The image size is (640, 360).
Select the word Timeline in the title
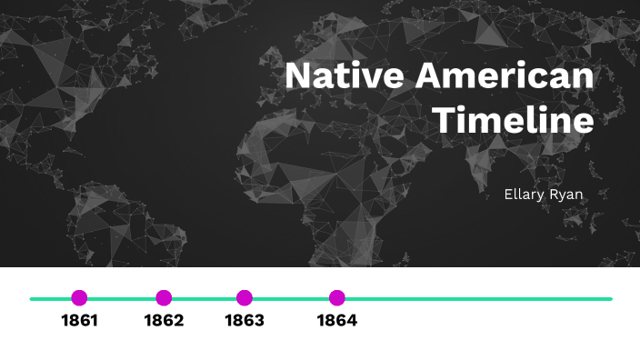(513, 120)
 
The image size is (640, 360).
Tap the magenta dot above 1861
(79, 298)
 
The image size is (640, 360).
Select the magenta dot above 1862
(164, 298)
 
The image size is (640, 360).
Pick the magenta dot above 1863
(244, 298)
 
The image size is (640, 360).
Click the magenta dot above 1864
(337, 298)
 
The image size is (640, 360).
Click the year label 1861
(79, 321)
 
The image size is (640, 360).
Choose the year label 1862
(164, 321)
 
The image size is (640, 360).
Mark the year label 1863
(244, 321)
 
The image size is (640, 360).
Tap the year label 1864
(337, 321)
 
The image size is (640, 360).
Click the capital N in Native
(299, 76)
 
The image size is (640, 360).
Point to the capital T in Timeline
(443, 120)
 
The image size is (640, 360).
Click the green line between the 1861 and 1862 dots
(121, 298)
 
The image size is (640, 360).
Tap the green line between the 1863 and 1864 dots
(291, 298)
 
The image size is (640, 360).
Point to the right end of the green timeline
(610, 298)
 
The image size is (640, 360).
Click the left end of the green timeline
(32, 298)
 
